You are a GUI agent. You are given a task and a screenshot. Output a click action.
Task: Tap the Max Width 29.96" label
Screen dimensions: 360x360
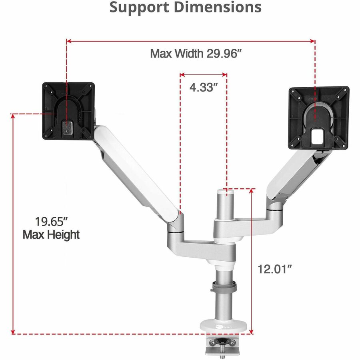tap(196, 54)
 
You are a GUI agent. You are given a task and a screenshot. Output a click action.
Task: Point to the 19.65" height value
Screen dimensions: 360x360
tap(51, 221)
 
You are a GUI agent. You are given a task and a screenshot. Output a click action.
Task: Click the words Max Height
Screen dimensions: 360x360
tap(51, 235)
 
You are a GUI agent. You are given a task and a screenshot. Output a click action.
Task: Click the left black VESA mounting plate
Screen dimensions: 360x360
tap(68, 111)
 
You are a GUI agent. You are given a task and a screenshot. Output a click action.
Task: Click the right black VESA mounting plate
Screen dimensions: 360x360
tap(319, 117)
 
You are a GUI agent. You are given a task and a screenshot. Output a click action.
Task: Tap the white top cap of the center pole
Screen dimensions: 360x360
tap(226, 194)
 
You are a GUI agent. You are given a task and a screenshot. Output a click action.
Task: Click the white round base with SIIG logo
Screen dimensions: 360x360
tap(224, 326)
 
